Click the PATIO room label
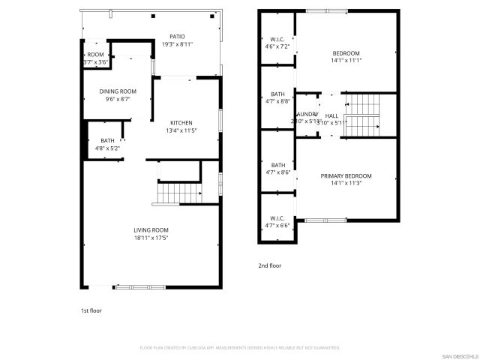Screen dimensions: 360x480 tap(177, 37)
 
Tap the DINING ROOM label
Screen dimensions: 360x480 tap(118, 91)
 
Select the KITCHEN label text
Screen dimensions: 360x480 tap(181, 123)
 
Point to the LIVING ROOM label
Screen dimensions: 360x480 tap(151, 230)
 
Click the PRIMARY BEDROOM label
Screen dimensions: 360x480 tap(346, 176)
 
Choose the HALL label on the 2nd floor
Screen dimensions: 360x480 tap(331, 115)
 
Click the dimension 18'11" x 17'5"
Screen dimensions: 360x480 tap(151, 238)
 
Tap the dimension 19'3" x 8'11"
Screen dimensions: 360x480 tap(177, 44)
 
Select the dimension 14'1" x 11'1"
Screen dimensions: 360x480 tap(346, 61)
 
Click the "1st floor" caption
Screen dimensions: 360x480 tap(92, 310)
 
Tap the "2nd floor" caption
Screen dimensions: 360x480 tap(270, 265)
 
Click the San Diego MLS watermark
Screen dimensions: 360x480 tap(458, 355)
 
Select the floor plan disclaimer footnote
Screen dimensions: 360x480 tap(240, 348)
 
